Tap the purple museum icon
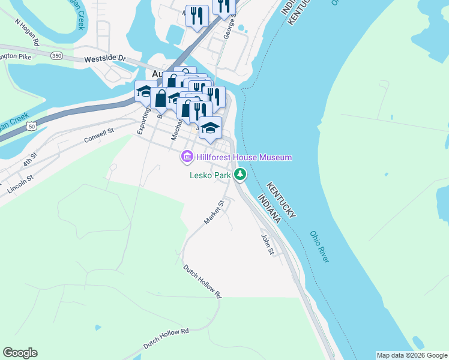pos(187,157)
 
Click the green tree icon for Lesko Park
pos(240,175)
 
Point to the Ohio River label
pos(320,246)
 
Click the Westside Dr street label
pos(104,59)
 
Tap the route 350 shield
pos(57,56)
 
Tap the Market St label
pos(213,213)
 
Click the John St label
pos(267,243)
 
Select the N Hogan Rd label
pos(26,34)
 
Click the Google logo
pos(20,353)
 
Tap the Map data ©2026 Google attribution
pos(412,355)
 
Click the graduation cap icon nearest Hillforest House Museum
pos(210,128)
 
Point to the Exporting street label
pos(143,120)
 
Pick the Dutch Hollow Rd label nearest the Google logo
pos(166,338)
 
